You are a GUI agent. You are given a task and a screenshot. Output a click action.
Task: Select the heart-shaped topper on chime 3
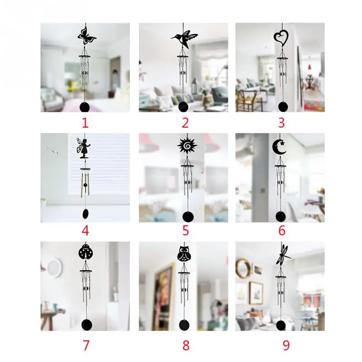point(281,38)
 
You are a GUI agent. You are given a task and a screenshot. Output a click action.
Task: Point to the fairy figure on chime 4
point(84,148)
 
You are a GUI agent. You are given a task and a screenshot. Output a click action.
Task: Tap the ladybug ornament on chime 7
point(86,252)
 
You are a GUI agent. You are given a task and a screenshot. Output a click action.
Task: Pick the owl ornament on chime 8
point(185,254)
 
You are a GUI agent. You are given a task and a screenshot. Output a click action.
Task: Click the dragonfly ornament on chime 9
point(283,256)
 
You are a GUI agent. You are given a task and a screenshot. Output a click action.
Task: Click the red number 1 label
point(85,123)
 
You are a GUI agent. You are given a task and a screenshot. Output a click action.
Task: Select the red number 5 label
point(186,231)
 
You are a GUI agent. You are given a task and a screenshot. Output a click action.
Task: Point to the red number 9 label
point(286,345)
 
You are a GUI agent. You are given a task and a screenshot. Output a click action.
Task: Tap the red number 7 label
point(86,345)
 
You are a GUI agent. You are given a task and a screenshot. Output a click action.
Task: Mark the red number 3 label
point(281,123)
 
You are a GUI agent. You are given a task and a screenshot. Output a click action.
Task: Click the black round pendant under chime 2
point(184,107)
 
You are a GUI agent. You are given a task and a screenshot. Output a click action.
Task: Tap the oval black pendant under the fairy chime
point(86,214)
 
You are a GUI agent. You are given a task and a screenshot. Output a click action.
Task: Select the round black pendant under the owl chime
point(184,324)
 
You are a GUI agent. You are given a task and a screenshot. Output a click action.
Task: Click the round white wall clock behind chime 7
point(55,268)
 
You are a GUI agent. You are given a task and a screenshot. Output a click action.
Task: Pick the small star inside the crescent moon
point(282,143)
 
